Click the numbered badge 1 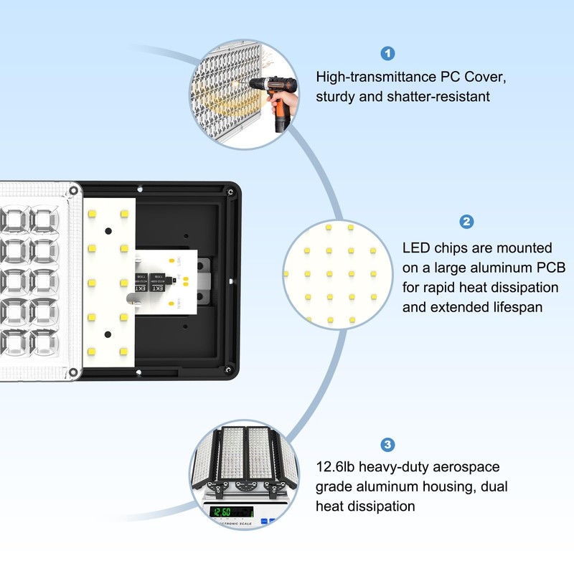pos(388,53)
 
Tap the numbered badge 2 pos(467,222)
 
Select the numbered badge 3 pos(387,445)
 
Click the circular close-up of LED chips pos(337,269)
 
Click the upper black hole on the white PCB pos(108,232)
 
